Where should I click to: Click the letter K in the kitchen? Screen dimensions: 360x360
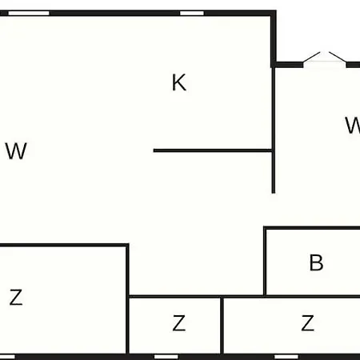pos(179,82)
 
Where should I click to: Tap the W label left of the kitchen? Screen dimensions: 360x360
pos(16,150)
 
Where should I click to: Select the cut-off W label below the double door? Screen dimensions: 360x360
pos(353,125)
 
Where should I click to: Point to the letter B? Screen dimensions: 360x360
pos(316,262)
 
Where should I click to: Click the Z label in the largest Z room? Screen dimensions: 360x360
pos(16,297)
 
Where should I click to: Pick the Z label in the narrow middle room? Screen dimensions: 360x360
pos(178,323)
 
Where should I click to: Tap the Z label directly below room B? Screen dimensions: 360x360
pos(307,323)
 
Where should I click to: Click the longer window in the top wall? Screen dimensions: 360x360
pos(29,13)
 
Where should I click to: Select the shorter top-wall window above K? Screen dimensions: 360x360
pos(192,13)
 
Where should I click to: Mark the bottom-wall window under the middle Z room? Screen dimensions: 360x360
pos(166,357)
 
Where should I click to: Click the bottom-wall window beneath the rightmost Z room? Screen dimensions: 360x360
pos(286,357)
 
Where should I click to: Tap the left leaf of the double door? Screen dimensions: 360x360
pos(311,57)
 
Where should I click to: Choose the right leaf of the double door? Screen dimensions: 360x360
pos(338,57)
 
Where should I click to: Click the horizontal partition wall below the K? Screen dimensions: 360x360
pos(213,150)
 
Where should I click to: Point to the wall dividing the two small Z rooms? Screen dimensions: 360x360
pos(222,326)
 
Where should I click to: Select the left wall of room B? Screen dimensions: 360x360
pos(265,262)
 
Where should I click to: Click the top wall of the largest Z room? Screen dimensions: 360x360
pos(64,245)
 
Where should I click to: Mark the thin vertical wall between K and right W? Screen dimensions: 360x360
pos(274,130)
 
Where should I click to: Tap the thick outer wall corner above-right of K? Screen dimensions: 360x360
pos(274,13)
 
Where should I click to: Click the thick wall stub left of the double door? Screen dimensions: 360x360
pos(289,65)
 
